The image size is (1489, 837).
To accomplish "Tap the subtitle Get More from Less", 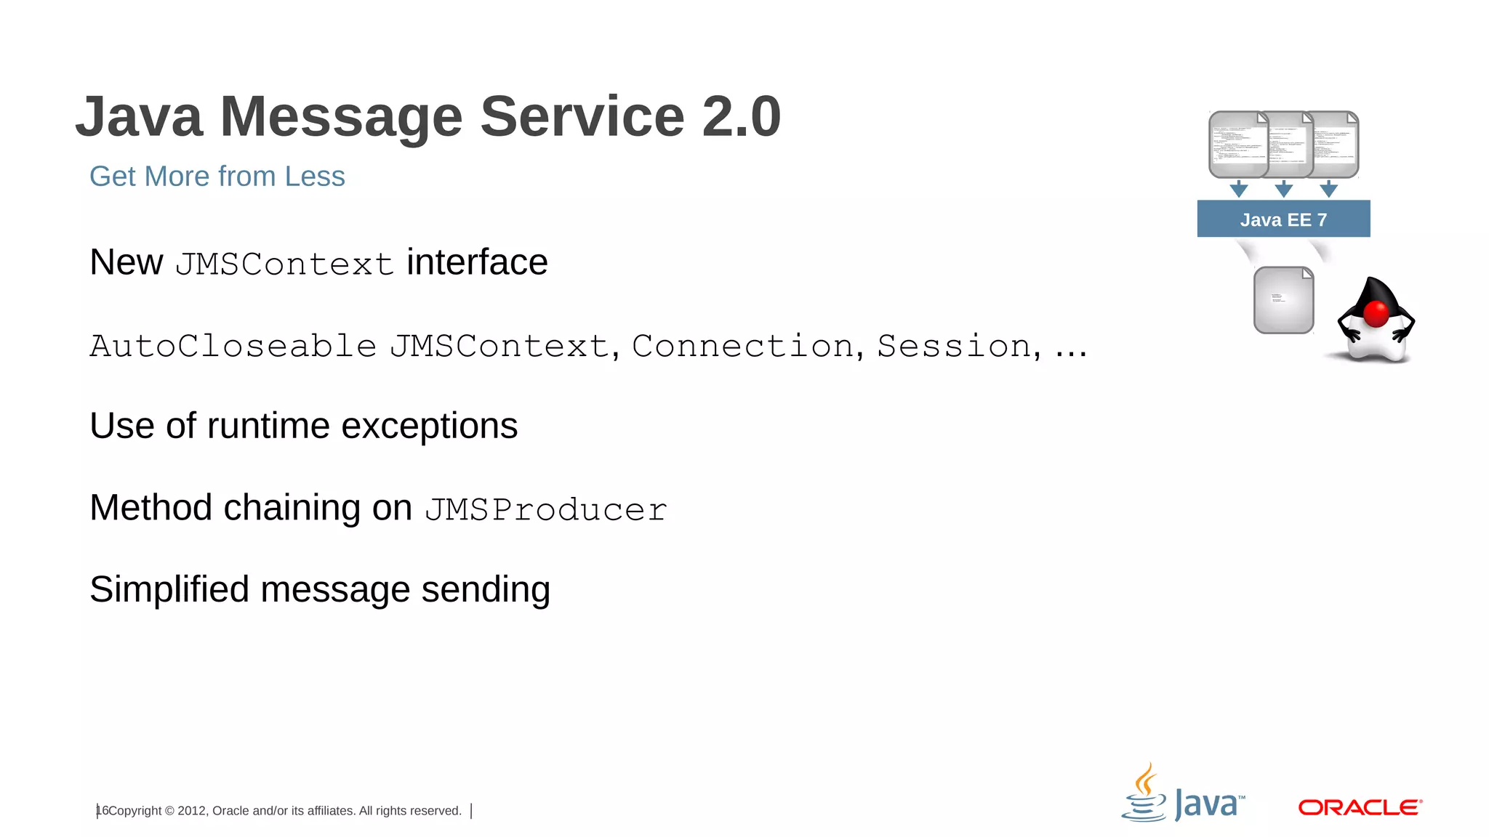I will click(x=217, y=177).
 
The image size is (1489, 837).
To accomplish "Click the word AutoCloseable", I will click(x=233, y=346).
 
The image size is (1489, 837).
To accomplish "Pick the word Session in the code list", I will click(x=955, y=346).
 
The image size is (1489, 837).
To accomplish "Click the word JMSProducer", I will click(x=546, y=509).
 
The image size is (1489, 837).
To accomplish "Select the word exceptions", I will click(x=429, y=426).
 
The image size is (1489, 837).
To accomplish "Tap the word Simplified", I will click(x=169, y=589).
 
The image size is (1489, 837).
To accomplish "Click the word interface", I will click(x=477, y=262).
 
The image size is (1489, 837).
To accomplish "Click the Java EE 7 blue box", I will click(x=1283, y=219).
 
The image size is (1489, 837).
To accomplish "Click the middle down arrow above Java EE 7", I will click(x=1284, y=190).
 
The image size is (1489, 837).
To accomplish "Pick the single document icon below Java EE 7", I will click(x=1283, y=300).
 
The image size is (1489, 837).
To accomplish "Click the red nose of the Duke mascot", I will click(x=1376, y=314).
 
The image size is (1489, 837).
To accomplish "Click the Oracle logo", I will click(x=1360, y=807).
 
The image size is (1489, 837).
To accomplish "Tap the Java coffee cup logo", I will click(x=1145, y=793).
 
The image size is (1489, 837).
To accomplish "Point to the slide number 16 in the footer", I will click(x=103, y=810).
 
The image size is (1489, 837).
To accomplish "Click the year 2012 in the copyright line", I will click(x=192, y=811).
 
